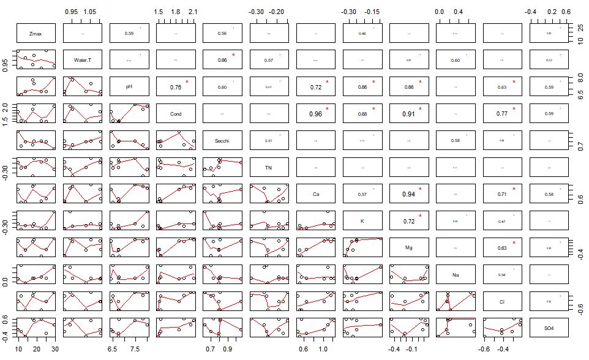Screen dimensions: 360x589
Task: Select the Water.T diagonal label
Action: (83, 60)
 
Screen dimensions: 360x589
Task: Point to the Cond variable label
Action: (176, 114)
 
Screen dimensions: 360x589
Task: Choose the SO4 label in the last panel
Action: (549, 329)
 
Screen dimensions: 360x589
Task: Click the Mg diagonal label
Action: (409, 249)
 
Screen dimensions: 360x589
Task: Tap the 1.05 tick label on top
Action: (91, 12)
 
